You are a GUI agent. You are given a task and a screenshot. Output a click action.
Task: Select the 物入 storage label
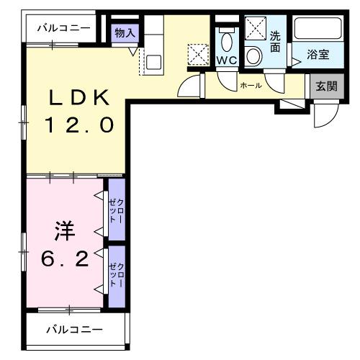coord(125,32)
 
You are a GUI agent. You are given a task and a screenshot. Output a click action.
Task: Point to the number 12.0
coord(79,125)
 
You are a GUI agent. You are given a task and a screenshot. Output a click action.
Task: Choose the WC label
coord(227,60)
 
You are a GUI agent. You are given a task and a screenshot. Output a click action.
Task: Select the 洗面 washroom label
coord(275,41)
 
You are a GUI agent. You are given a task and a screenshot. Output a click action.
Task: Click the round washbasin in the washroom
coord(254,55)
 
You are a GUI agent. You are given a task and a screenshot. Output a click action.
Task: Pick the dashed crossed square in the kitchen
coord(197,54)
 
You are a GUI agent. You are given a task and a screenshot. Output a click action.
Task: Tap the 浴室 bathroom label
coord(318,54)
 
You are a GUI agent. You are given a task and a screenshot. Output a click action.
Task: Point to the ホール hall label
coord(251,85)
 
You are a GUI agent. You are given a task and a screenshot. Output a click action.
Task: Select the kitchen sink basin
coord(153,62)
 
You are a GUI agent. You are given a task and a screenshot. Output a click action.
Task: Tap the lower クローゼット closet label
coord(116,276)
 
